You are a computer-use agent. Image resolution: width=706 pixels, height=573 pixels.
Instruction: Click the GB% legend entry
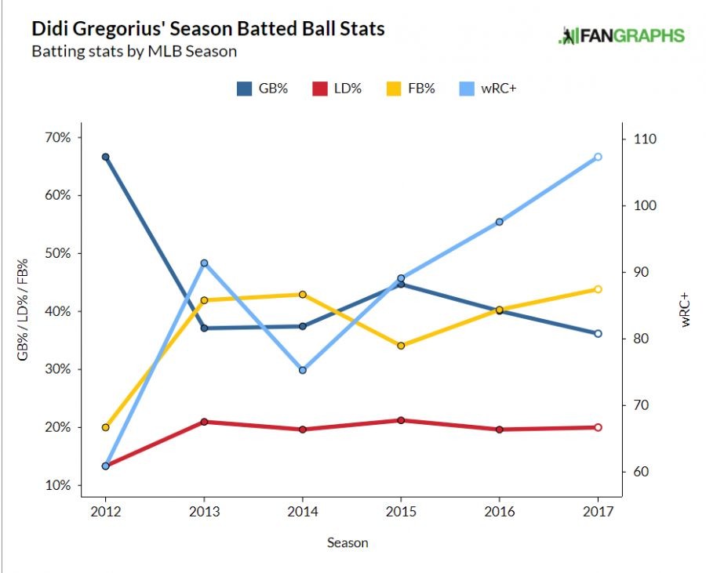point(263,89)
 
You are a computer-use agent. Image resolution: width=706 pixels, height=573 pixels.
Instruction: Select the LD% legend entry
point(336,89)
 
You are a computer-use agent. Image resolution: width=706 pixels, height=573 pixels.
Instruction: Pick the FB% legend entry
point(410,89)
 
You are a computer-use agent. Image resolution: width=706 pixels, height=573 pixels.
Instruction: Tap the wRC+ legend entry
point(487,89)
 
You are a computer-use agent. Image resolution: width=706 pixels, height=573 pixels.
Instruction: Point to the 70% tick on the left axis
point(58,138)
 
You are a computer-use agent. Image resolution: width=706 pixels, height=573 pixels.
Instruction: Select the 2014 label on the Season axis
point(302,513)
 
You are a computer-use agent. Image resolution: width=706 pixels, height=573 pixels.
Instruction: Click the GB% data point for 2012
point(105,157)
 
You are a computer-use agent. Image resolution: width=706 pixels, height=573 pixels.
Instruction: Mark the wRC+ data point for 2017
point(599,157)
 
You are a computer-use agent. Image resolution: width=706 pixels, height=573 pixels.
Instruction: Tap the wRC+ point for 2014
point(302,370)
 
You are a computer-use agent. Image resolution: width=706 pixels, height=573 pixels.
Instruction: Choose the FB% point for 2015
point(401,346)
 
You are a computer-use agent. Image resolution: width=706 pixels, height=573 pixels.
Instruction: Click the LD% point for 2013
point(204,422)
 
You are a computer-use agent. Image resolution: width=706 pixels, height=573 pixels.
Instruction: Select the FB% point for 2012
point(105,427)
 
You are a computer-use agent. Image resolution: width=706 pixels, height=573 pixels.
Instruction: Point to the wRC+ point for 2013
point(204,263)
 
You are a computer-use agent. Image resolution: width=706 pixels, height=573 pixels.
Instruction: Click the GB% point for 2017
point(599,334)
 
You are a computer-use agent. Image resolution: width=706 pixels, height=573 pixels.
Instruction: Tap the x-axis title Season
point(348,542)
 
